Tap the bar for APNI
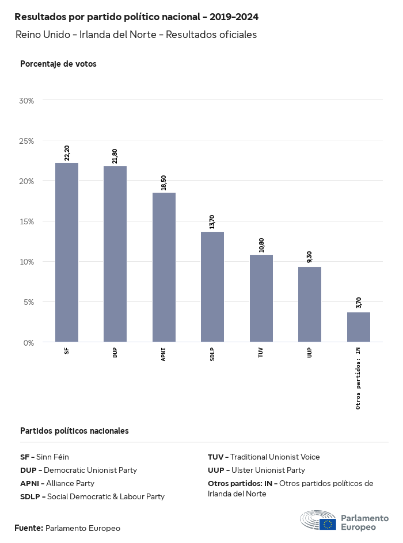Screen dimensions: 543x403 164,267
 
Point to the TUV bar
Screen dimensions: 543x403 261,298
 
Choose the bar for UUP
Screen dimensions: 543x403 310,304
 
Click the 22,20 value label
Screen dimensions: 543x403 67,152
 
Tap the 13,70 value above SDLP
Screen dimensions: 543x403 212,222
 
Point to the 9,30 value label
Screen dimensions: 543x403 310,257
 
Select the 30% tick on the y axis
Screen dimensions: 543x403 26,101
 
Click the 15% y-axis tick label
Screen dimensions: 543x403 26,221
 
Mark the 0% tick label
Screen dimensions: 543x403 29,343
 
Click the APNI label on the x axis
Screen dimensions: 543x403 164,353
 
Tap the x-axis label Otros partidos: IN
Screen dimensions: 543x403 358,377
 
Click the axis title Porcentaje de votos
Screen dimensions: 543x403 58,64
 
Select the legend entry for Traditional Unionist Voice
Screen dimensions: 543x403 264,457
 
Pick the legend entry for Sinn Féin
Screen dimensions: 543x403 44,457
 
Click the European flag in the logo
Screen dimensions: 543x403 328,524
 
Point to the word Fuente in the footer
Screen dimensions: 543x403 28,528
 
